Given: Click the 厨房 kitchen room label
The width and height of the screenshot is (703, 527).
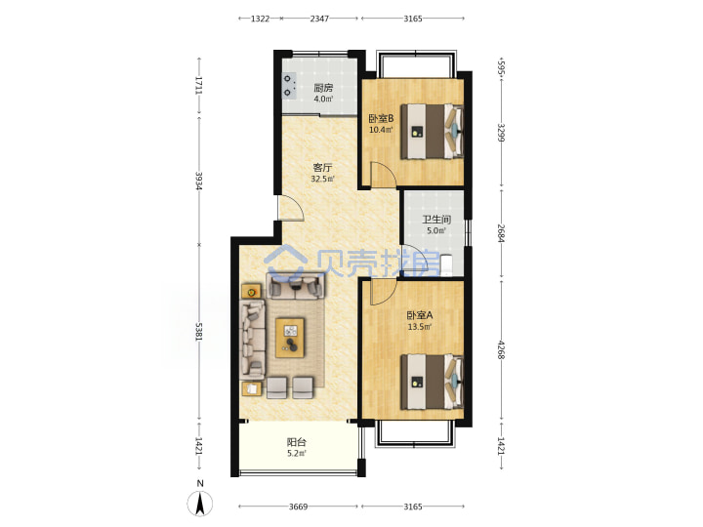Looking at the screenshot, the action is (323, 88).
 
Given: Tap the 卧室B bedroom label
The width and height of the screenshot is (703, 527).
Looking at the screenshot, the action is (381, 119).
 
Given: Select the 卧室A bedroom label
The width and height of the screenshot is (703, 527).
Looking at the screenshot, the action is (420, 315).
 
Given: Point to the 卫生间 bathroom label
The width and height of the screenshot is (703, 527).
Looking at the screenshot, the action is (436, 220).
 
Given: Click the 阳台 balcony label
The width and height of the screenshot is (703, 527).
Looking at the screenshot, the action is (297, 442).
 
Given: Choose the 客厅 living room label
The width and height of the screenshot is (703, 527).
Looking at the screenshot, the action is (323, 168).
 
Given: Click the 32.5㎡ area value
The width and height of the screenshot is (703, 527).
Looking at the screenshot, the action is (323, 180).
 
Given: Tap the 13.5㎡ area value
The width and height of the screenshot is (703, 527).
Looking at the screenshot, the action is (420, 327).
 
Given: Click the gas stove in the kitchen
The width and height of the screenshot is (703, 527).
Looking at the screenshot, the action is (289, 86).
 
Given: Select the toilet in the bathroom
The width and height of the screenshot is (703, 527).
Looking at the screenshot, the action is (446, 264).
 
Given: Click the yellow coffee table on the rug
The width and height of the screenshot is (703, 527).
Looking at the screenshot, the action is (291, 338).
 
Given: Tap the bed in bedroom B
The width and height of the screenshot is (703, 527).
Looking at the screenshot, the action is (432, 132).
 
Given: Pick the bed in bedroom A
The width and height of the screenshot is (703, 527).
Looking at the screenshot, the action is (432, 382).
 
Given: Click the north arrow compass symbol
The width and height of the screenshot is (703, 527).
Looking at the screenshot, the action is (200, 502).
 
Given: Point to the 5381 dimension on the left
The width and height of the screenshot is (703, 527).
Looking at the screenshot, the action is (199, 333).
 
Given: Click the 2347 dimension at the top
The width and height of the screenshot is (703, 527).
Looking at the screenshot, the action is (319, 19).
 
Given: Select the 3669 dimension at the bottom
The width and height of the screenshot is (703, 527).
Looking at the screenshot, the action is (298, 507).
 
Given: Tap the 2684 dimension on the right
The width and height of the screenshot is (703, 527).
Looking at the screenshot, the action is (501, 233).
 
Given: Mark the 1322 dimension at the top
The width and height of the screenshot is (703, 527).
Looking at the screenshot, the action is (260, 19).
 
